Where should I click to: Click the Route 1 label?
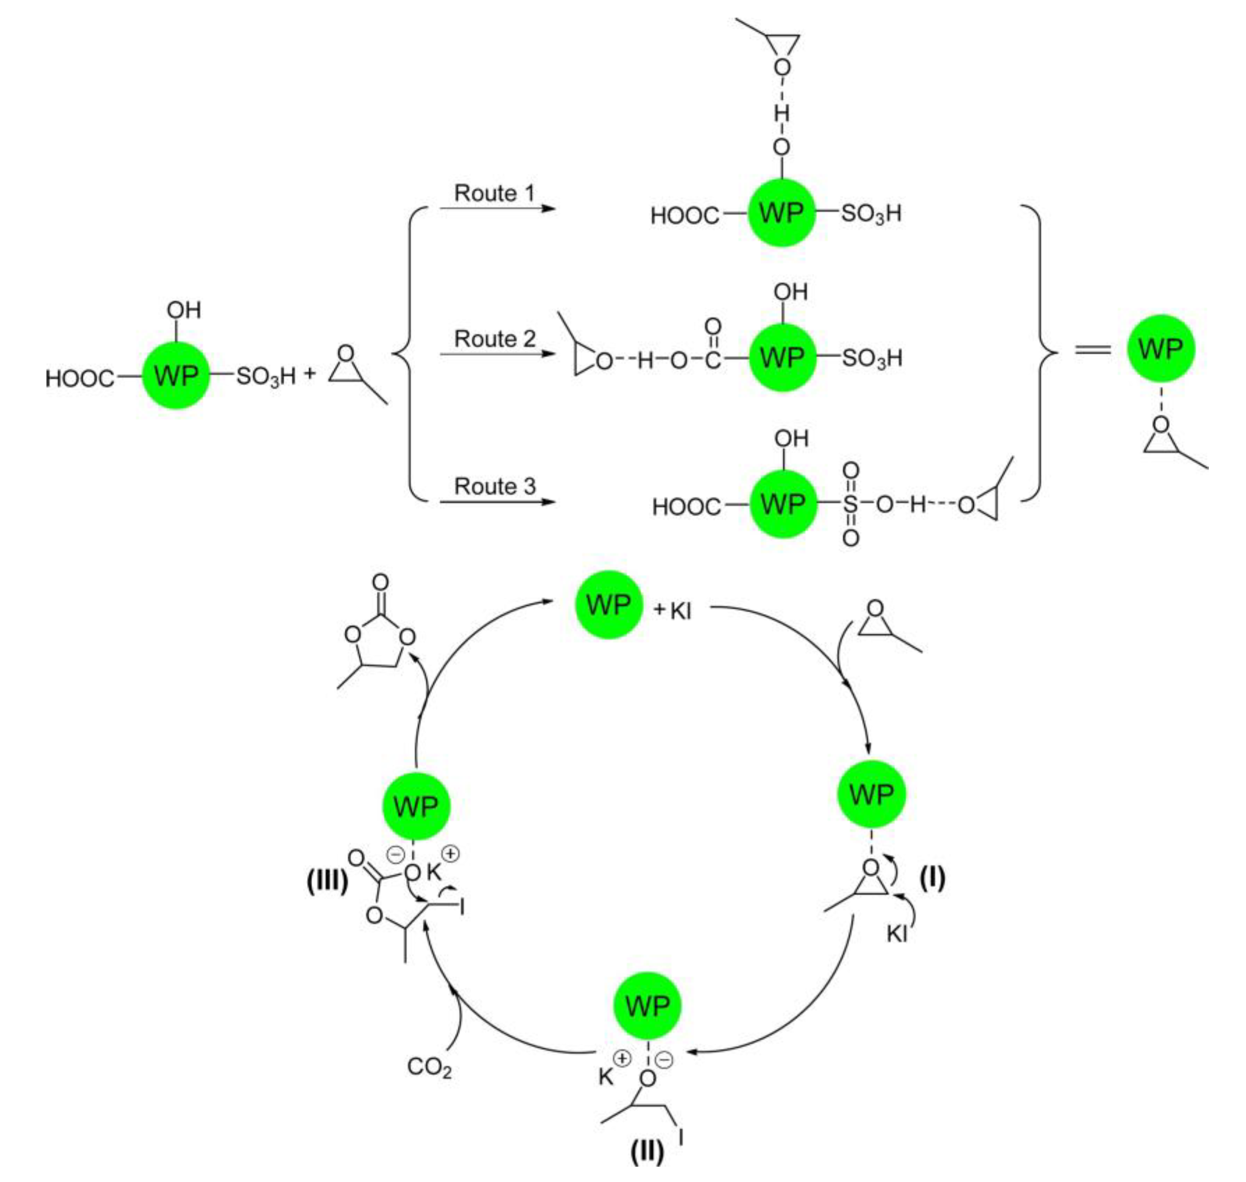(x=494, y=193)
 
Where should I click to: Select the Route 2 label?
(x=494, y=339)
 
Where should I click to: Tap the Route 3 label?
(x=494, y=486)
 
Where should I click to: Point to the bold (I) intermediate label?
(x=932, y=878)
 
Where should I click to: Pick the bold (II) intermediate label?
(x=647, y=1152)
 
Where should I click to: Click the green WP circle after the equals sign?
(x=1161, y=348)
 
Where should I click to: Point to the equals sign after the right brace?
(x=1093, y=348)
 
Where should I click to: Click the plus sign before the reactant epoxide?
(x=309, y=374)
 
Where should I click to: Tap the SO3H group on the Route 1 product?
(x=871, y=214)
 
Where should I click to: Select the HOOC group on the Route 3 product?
(x=686, y=506)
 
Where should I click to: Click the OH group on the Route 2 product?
(x=791, y=292)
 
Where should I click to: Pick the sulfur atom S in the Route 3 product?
(x=850, y=504)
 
